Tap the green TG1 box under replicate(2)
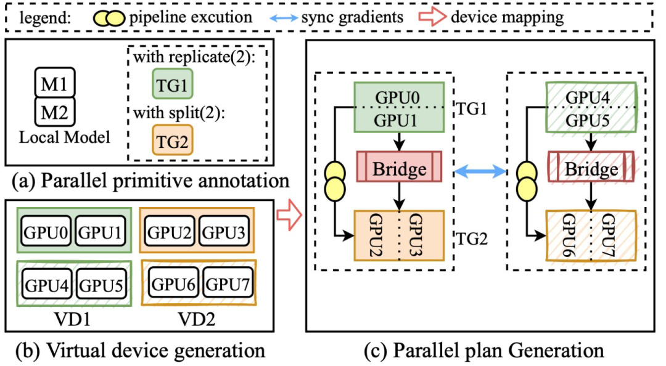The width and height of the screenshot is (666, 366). (x=172, y=83)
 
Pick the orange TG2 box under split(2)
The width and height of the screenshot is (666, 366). (x=172, y=140)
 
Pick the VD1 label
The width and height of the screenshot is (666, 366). (x=73, y=322)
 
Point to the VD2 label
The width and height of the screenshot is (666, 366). (x=197, y=322)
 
